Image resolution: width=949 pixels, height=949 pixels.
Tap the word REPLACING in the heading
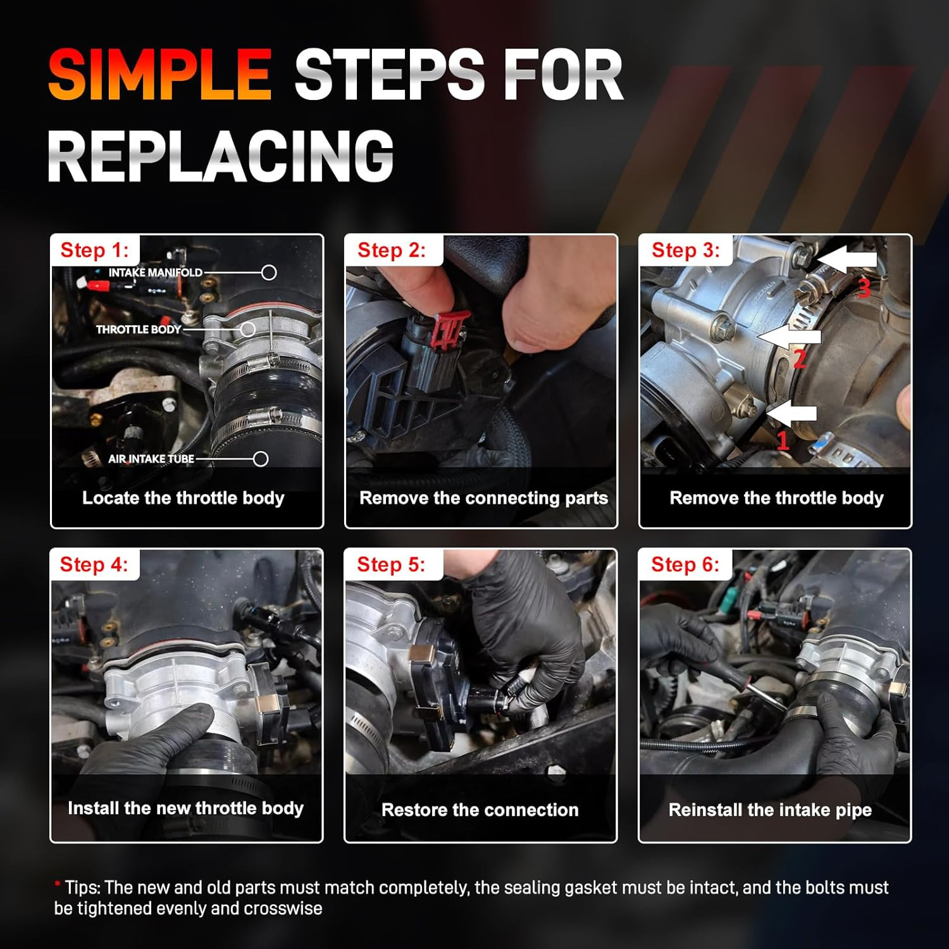[221, 156]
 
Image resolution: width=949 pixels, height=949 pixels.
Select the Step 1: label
[94, 251]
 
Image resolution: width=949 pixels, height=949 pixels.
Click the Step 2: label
[392, 251]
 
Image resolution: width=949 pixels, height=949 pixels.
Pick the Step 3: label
[686, 251]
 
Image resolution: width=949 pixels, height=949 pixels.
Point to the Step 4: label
[94, 564]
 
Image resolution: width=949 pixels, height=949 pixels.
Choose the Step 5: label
[391, 564]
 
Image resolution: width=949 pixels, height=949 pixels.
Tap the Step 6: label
[685, 564]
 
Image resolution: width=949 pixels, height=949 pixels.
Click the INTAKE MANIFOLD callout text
[156, 273]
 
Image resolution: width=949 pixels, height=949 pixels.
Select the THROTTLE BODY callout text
[139, 330]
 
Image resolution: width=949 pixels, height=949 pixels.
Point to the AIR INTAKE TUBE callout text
[151, 459]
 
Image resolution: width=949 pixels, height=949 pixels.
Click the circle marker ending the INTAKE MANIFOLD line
[269, 273]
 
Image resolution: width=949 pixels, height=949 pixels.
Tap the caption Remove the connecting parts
[484, 499]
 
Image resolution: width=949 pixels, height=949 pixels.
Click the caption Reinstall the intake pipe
[770, 810]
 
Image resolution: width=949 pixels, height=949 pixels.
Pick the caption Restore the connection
[480, 810]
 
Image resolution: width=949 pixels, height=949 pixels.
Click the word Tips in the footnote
[82, 888]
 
